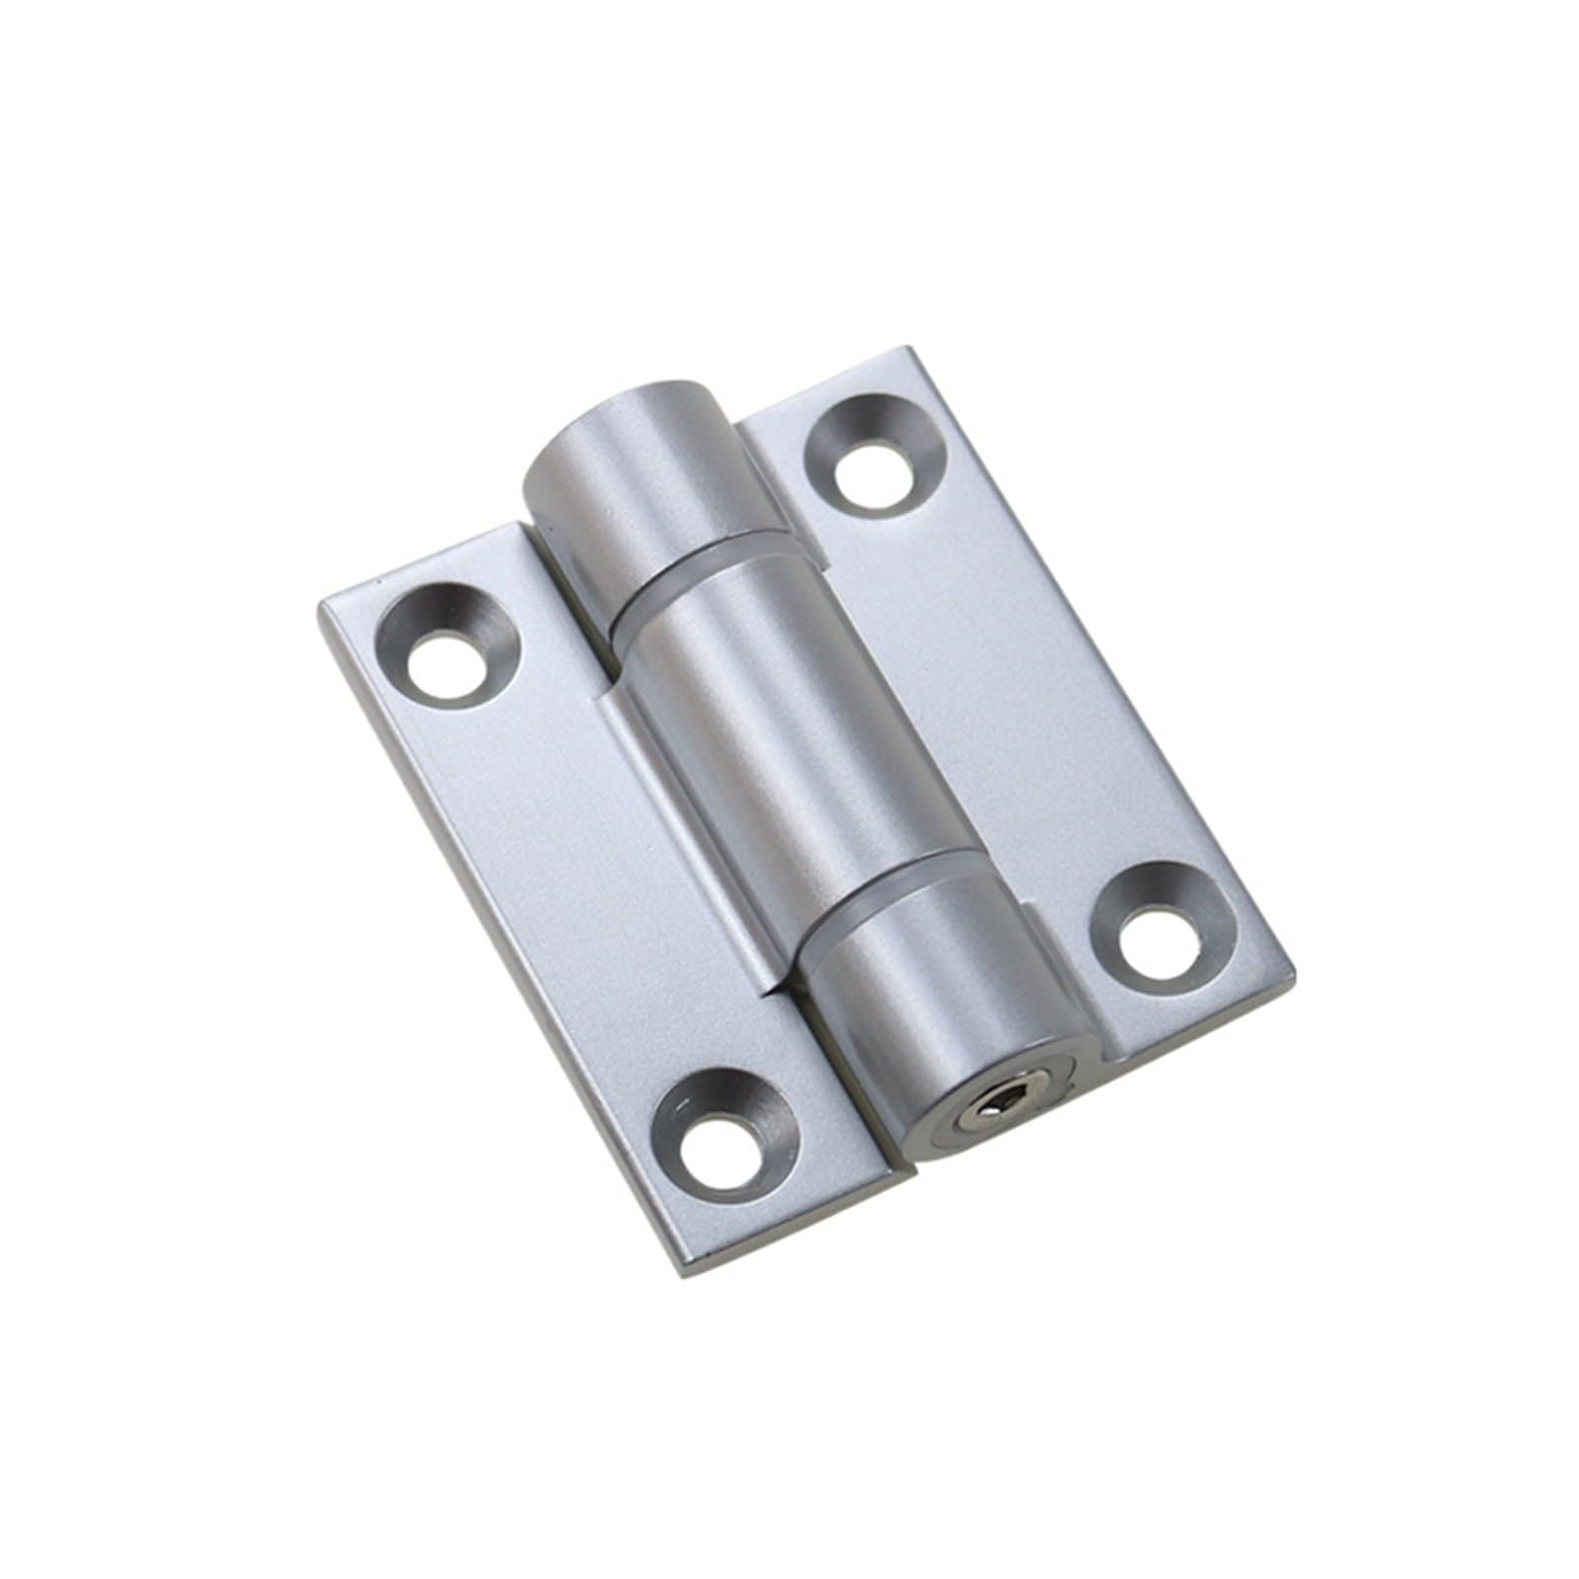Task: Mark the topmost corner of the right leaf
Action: (905, 349)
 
